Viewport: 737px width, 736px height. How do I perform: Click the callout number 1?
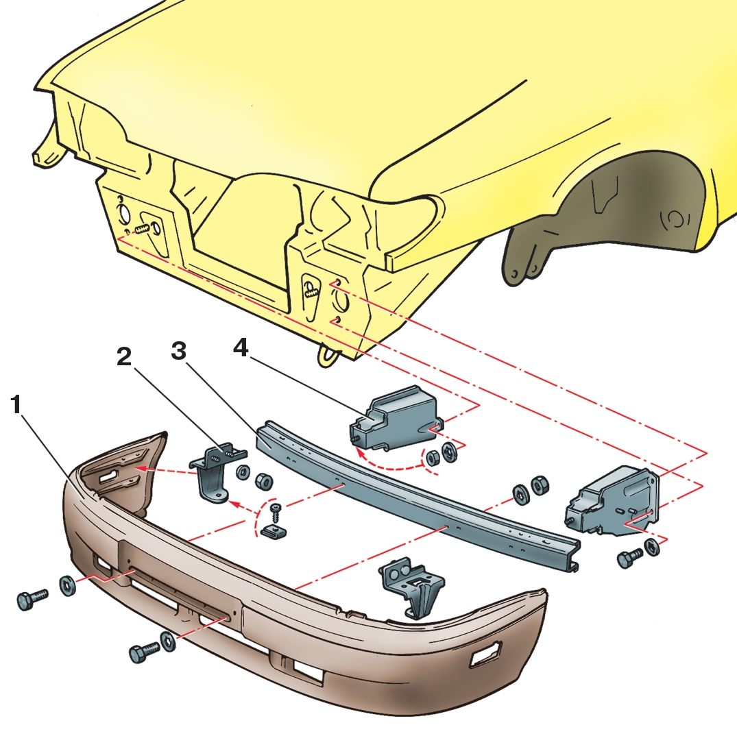(x=16, y=404)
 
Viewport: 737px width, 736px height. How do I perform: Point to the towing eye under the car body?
(x=328, y=355)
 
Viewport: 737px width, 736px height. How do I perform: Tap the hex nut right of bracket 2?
(x=264, y=480)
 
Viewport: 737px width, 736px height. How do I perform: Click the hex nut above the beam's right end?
(x=539, y=486)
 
